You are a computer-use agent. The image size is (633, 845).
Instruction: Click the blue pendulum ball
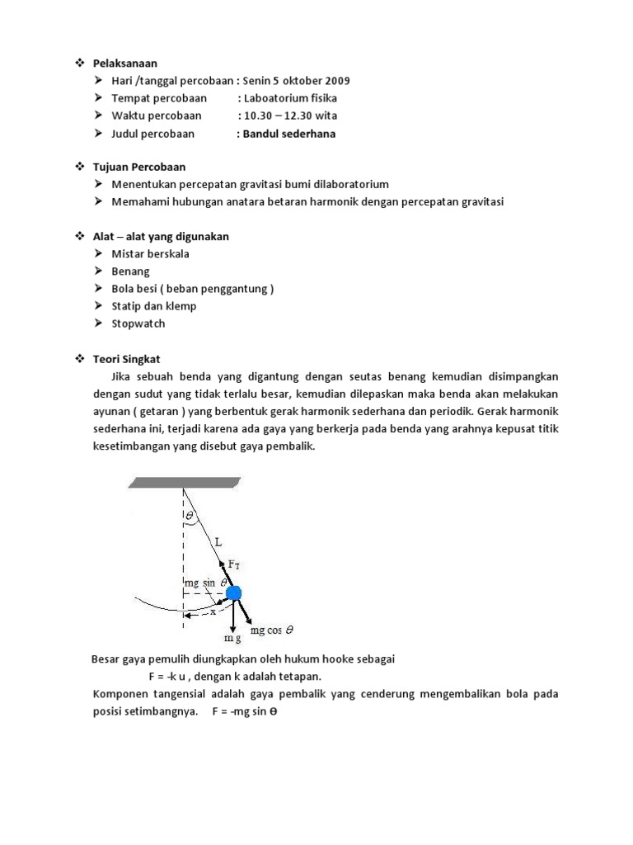point(233,593)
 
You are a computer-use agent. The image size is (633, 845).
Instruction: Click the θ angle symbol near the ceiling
point(190,514)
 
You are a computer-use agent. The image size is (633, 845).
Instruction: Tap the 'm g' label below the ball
point(232,638)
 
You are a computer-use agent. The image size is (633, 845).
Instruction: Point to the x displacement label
point(213,612)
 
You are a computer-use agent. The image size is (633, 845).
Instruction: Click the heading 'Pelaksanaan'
point(124,63)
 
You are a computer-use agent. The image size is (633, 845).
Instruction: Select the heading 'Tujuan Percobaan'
point(138,167)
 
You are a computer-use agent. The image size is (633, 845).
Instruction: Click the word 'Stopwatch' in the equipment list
point(138,323)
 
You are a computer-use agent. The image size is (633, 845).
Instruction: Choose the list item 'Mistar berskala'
point(150,253)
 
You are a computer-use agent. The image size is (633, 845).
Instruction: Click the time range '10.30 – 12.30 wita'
point(289,116)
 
